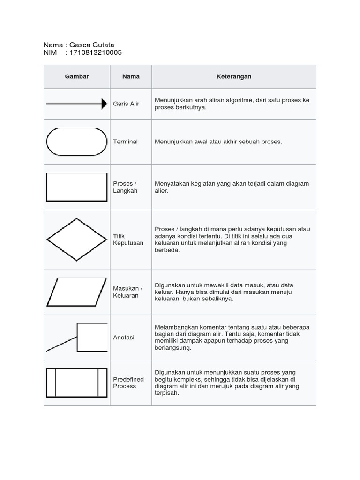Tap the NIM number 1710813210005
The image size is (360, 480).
pos(95,52)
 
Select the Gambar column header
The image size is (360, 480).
pos(77,76)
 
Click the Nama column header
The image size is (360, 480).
pos(131,76)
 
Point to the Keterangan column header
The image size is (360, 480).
pos(234,76)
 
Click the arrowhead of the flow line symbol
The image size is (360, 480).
pos(105,104)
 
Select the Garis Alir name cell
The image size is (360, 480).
pos(126,104)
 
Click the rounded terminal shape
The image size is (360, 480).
pos(77,142)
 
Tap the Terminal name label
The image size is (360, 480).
pos(125,142)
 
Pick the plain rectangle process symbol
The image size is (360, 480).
pos(77,187)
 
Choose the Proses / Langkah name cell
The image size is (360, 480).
pos(125,187)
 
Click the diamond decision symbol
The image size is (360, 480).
pos(77,240)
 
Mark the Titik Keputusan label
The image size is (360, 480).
pos(128,240)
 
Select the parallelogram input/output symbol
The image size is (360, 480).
pos(77,292)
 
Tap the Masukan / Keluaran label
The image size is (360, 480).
pos(127,292)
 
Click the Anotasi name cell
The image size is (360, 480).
pos(124,337)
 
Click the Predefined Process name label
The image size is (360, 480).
pos(128,382)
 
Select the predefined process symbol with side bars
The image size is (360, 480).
pos(77,382)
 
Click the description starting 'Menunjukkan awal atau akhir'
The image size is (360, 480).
pos(218,142)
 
